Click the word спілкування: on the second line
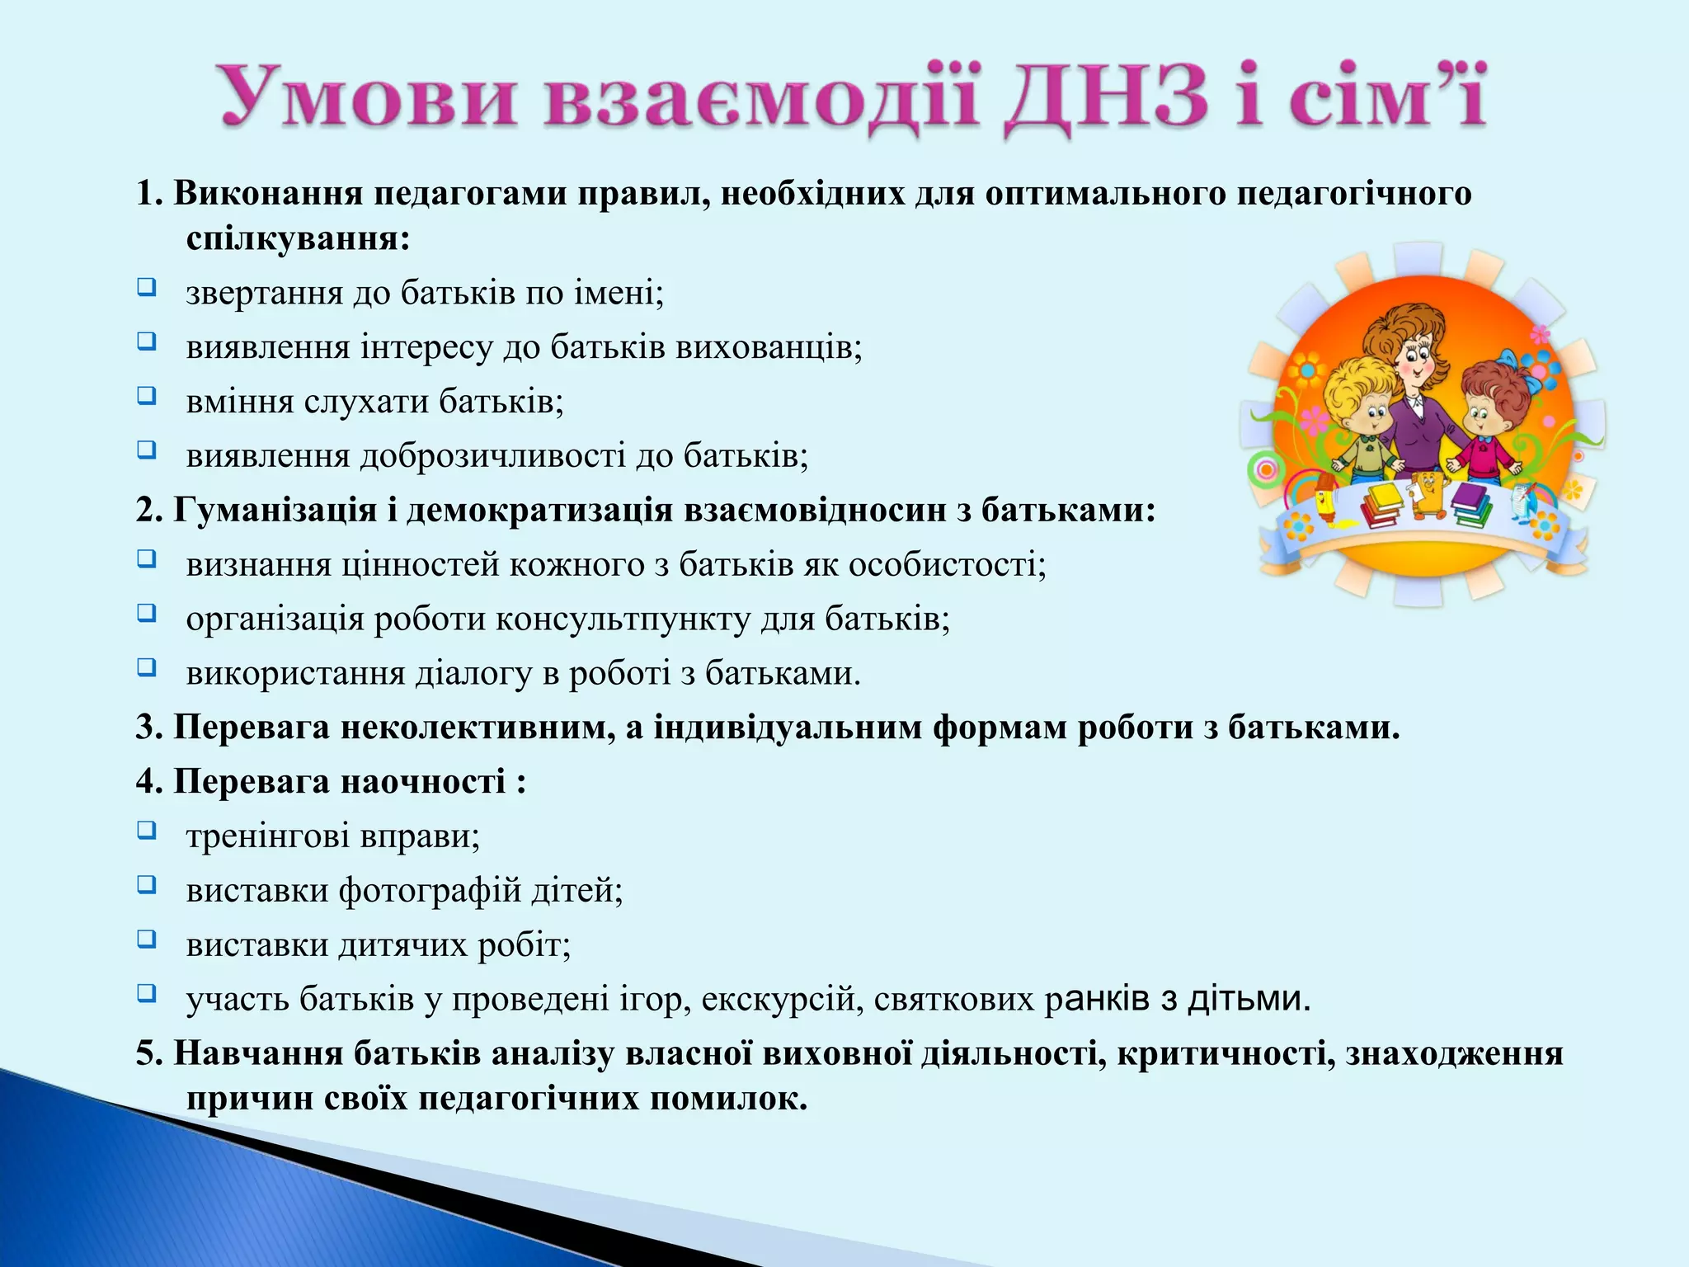298,239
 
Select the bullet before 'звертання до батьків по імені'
146,288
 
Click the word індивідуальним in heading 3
788,728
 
